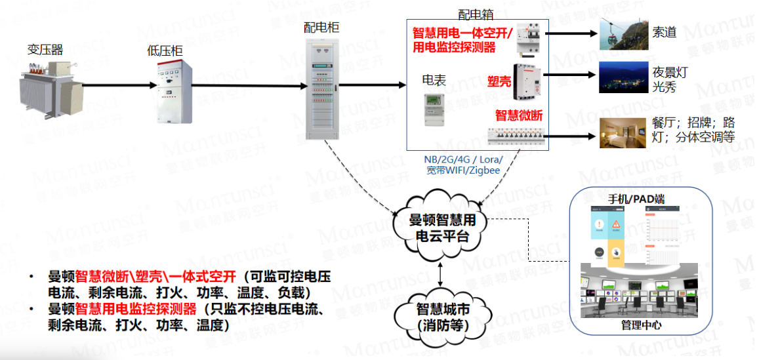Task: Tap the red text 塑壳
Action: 498,81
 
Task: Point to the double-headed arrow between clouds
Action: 440,273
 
